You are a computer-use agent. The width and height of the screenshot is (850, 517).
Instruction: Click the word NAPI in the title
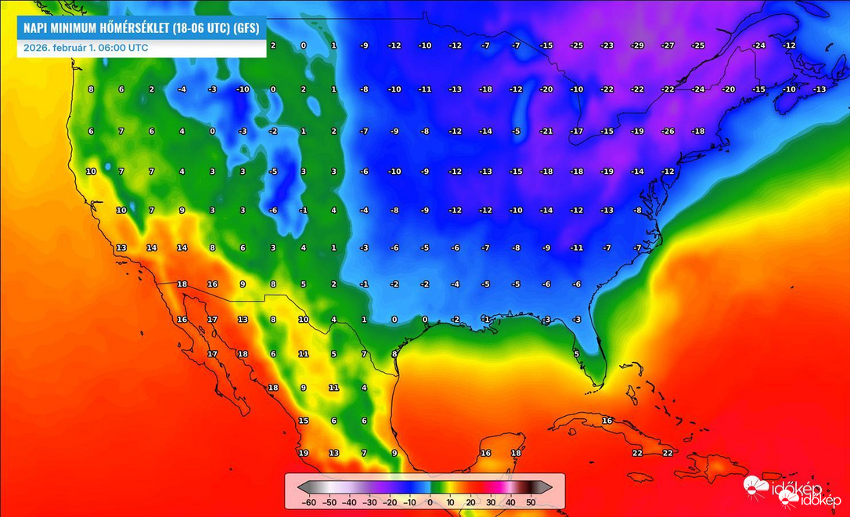pos(37,28)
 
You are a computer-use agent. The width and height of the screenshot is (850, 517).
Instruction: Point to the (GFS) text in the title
pos(246,28)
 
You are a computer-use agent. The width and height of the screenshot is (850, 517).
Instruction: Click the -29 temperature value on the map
pos(637,45)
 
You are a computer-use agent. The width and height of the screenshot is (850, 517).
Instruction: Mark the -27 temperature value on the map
pos(668,45)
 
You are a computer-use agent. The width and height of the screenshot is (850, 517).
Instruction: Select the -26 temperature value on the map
pos(668,131)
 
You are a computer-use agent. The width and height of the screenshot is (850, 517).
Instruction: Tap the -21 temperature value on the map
pos(546,131)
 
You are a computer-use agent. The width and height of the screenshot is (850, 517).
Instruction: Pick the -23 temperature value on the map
pos(607,45)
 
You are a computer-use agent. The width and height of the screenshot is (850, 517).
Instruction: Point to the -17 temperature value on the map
pos(577,131)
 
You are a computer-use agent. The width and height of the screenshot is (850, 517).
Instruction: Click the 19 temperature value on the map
pos(304,453)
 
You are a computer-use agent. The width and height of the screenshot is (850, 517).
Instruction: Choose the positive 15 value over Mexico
pos(304,421)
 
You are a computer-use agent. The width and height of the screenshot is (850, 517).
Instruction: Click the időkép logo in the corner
pos(792,491)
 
